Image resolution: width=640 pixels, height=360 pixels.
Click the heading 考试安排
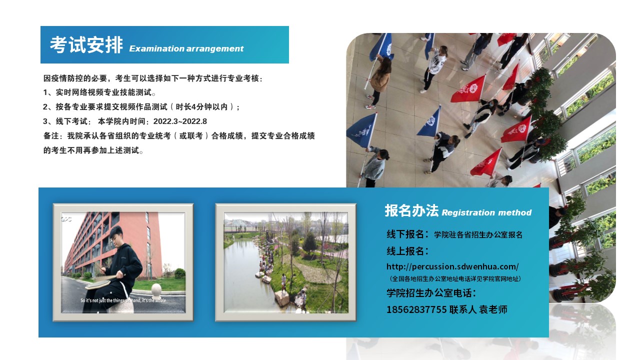tap(86, 45)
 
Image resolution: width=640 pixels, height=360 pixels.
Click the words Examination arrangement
tap(186, 48)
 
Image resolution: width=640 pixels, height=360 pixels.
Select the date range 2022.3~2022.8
tap(180, 121)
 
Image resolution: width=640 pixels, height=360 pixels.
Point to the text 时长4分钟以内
tap(201, 107)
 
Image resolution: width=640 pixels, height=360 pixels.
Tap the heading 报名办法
tap(411, 210)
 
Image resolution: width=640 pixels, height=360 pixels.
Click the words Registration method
tap(486, 212)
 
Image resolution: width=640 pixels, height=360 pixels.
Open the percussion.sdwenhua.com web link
tap(452, 266)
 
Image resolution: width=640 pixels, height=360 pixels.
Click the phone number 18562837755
tap(416, 309)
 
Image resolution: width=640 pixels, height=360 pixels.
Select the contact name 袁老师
tap(493, 309)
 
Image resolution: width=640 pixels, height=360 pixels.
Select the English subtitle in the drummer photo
tap(123, 300)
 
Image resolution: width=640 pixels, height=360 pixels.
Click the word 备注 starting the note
tap(51, 135)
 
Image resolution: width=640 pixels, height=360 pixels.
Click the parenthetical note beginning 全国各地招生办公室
tap(455, 278)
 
